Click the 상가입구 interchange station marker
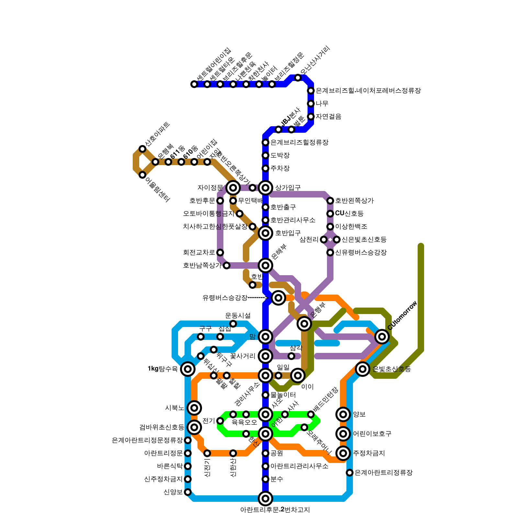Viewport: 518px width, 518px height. (x=265, y=188)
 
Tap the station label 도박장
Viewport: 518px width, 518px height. (x=280, y=155)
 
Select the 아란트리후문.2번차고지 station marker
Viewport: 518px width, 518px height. (x=265, y=499)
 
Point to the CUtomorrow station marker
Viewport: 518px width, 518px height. (x=382, y=337)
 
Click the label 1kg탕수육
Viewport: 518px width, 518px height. (x=163, y=369)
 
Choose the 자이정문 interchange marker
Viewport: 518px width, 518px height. (x=233, y=188)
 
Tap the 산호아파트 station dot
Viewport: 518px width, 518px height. (x=142, y=149)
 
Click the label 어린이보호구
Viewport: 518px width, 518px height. (x=372, y=434)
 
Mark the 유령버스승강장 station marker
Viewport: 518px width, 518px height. (x=278, y=298)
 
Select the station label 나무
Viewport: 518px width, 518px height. (x=322, y=104)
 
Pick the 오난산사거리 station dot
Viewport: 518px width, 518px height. (x=298, y=78)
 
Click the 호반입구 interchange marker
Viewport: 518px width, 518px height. (x=265, y=233)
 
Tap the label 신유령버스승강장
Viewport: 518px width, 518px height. (x=361, y=253)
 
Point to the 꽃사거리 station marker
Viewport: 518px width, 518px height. (x=265, y=356)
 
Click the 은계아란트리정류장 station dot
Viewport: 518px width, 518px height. (x=350, y=473)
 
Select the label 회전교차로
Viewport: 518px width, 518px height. (x=199, y=253)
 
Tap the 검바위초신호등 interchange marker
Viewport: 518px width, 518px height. (x=194, y=427)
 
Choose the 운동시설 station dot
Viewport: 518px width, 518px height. (x=233, y=324)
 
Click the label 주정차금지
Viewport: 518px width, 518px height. (x=369, y=453)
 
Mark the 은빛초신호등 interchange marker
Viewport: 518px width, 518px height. (x=363, y=369)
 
